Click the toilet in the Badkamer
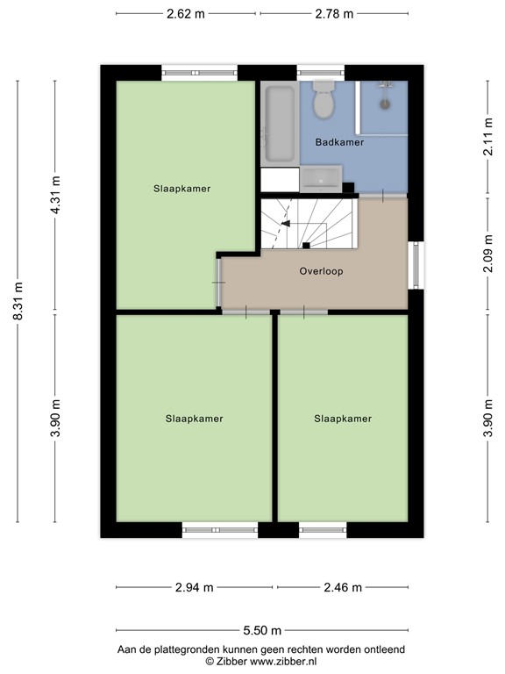324,99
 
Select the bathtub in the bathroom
280,124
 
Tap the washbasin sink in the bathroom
321,179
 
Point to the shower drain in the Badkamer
385,104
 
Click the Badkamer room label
339,142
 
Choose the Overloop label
321,271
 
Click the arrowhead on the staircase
286,224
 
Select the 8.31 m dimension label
18,301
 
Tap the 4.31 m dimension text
55,195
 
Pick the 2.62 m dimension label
186,14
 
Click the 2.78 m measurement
334,14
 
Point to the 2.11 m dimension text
487,137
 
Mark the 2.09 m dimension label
487,254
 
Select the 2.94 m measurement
194,587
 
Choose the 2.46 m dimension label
343,587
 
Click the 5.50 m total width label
262,631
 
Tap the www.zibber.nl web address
283,662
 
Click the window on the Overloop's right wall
416,265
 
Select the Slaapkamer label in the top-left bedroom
182,189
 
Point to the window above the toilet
320,72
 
